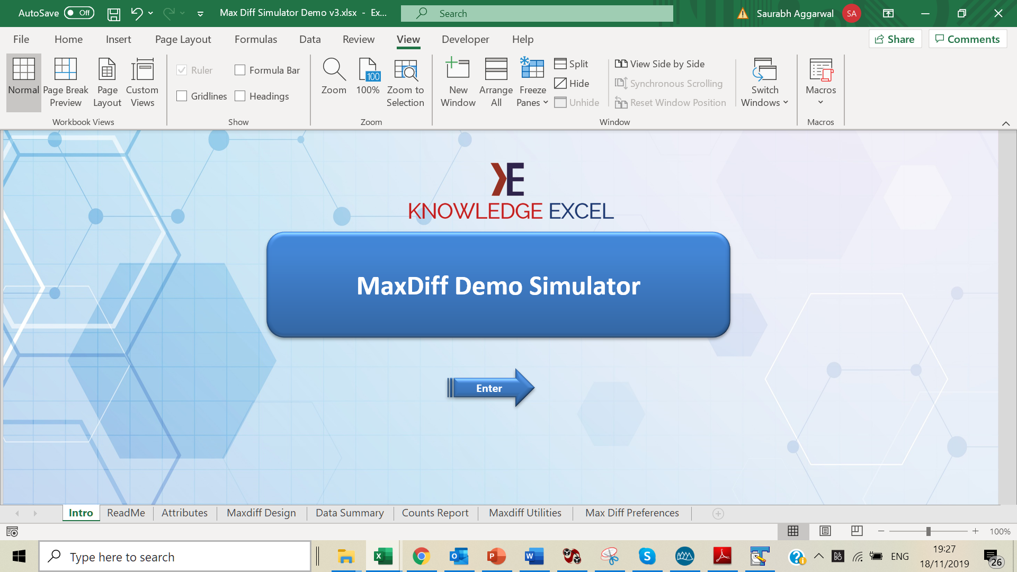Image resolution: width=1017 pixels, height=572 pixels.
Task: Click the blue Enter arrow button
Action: [x=490, y=388]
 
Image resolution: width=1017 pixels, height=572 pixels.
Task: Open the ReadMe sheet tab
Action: [x=126, y=513]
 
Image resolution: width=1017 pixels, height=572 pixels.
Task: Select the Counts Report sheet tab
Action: [x=435, y=513]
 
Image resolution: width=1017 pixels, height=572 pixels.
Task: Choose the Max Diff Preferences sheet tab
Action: [x=632, y=513]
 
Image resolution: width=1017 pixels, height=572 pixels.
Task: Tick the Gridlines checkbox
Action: [x=182, y=96]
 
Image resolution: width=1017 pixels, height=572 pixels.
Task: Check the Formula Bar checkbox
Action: [x=240, y=70]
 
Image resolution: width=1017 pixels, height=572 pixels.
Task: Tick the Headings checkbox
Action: [x=240, y=96]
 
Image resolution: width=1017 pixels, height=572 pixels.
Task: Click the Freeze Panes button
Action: [x=532, y=82]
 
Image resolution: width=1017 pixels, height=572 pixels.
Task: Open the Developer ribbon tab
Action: [x=465, y=39]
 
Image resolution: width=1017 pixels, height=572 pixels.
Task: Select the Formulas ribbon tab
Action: [x=256, y=39]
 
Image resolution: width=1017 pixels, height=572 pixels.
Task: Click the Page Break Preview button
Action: [x=66, y=82]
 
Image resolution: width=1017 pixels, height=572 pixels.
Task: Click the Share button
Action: [x=895, y=39]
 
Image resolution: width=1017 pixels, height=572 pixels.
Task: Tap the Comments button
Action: [x=967, y=39]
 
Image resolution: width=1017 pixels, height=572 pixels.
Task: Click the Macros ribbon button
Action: [x=820, y=82]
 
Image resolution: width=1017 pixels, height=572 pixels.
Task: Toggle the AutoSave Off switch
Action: [x=79, y=13]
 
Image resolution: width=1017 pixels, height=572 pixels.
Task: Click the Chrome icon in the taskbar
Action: [x=421, y=556]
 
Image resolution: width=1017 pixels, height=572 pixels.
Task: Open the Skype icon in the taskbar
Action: [x=647, y=556]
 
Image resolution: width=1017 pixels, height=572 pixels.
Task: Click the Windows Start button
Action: [x=19, y=556]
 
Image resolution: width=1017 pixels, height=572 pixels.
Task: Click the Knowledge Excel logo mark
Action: [x=507, y=179]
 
